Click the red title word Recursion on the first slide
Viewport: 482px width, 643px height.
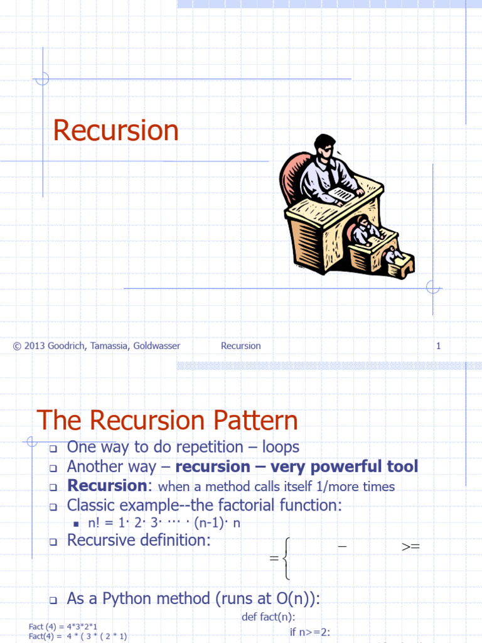pos(116,131)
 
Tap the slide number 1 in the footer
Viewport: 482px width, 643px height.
pos(439,346)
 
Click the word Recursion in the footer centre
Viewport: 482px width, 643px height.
pos(240,346)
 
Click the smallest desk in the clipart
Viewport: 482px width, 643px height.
pos(400,264)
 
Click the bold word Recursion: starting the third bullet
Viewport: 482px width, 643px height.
pos(107,486)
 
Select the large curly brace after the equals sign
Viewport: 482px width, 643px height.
pos(286,558)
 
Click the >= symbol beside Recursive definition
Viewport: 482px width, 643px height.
pos(410,547)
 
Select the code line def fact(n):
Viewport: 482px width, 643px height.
pos(269,617)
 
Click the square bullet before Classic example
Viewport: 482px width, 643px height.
pos(53,506)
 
